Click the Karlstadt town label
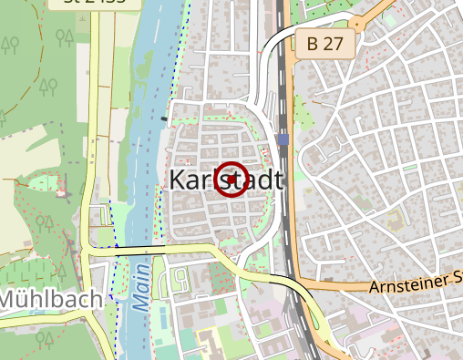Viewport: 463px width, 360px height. (x=226, y=180)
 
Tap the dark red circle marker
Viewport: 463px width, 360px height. (x=231, y=180)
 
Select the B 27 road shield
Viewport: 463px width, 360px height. (x=324, y=42)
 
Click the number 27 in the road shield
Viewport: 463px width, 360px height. (x=334, y=42)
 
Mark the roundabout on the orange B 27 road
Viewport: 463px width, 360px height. (x=357, y=24)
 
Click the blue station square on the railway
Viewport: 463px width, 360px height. (x=285, y=139)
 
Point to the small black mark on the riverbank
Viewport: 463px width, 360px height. (x=164, y=118)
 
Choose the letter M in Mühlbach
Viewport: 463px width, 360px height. (x=10, y=299)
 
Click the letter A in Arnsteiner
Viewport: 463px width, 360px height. (x=376, y=288)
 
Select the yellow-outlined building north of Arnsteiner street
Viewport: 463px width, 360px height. (x=395, y=220)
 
